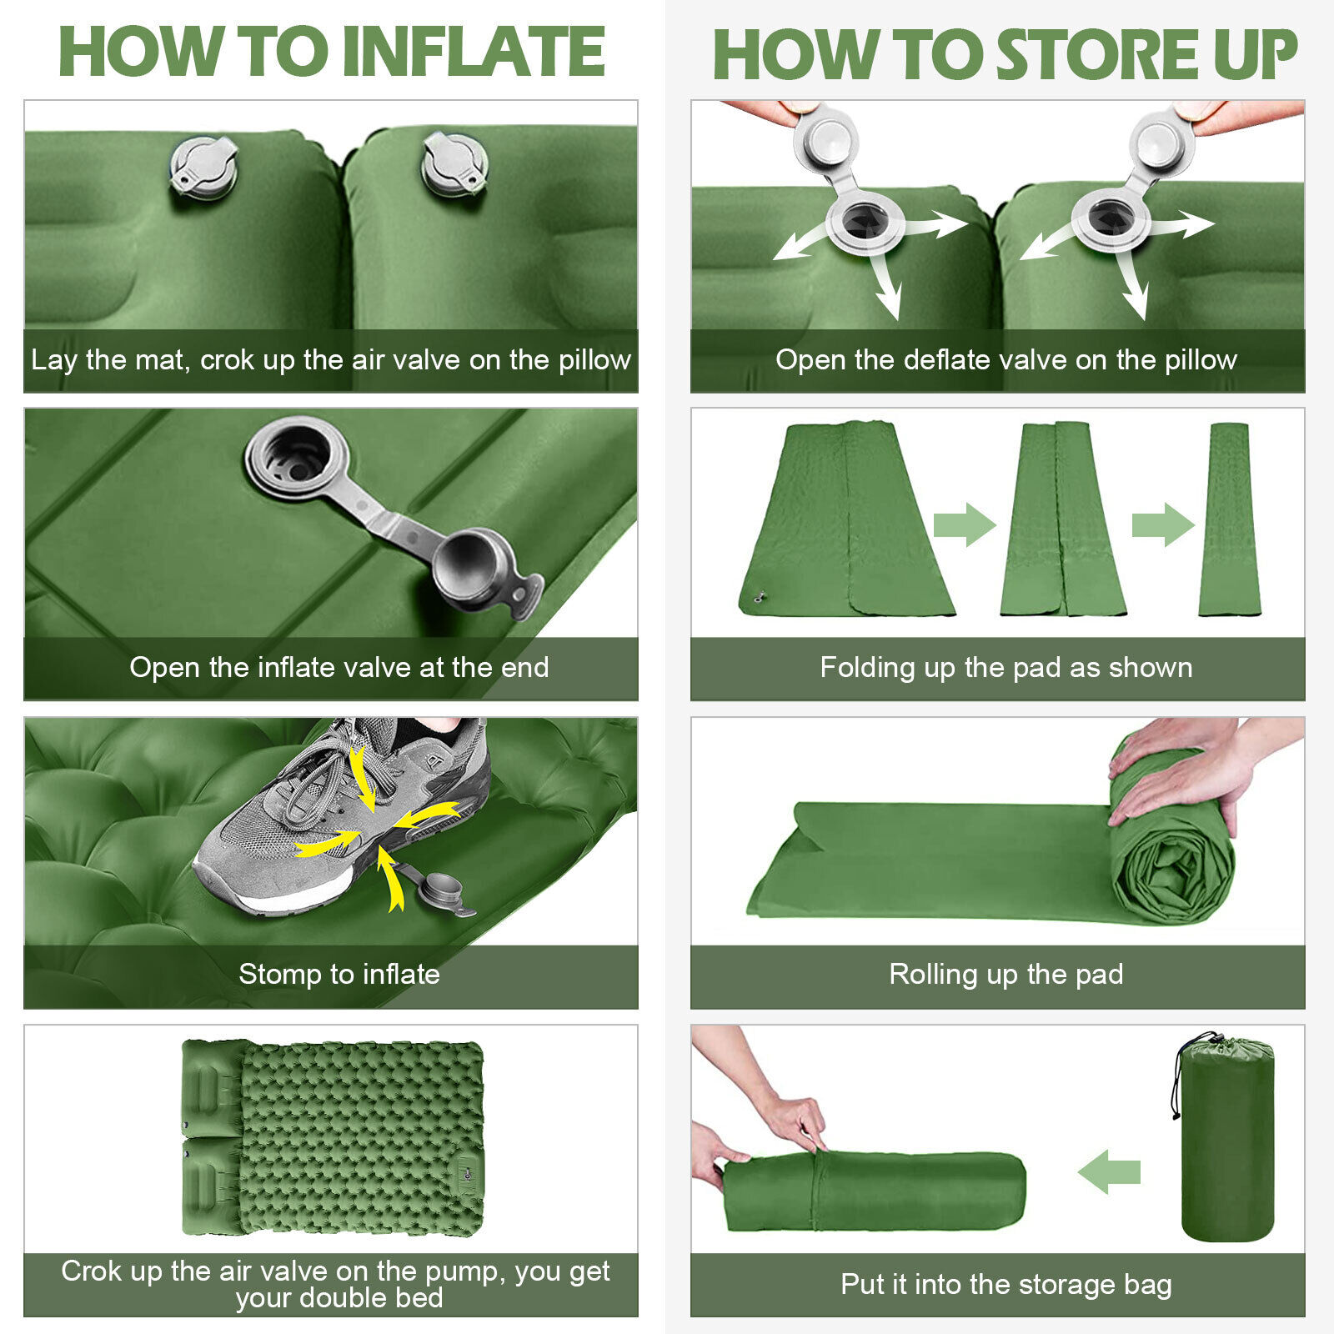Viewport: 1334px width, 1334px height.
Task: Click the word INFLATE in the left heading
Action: coord(474,52)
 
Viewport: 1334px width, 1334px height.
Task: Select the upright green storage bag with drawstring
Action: coord(1225,1137)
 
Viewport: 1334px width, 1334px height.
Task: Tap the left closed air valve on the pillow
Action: coord(203,168)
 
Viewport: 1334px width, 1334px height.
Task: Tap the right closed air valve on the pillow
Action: coord(454,163)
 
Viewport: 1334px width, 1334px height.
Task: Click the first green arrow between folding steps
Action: coord(965,524)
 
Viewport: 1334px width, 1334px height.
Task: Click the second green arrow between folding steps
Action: coord(1163,524)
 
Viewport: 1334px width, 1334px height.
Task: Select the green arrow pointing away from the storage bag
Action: coord(1109,1171)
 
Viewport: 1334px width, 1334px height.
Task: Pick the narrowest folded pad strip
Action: coord(1229,519)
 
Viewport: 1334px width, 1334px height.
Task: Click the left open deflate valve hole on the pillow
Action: coord(865,222)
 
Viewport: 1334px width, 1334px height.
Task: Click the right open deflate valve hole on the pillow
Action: coord(1111,220)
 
